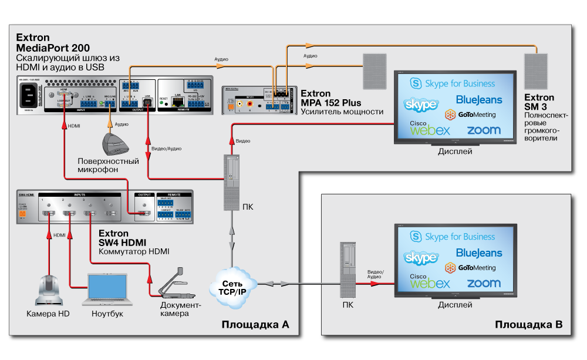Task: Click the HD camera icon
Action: [48, 290]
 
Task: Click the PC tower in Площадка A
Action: [232, 181]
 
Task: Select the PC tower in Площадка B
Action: [348, 271]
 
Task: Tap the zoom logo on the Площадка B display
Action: [483, 283]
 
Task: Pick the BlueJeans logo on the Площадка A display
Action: [478, 100]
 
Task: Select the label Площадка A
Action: [255, 325]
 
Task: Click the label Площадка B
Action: [528, 325]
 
